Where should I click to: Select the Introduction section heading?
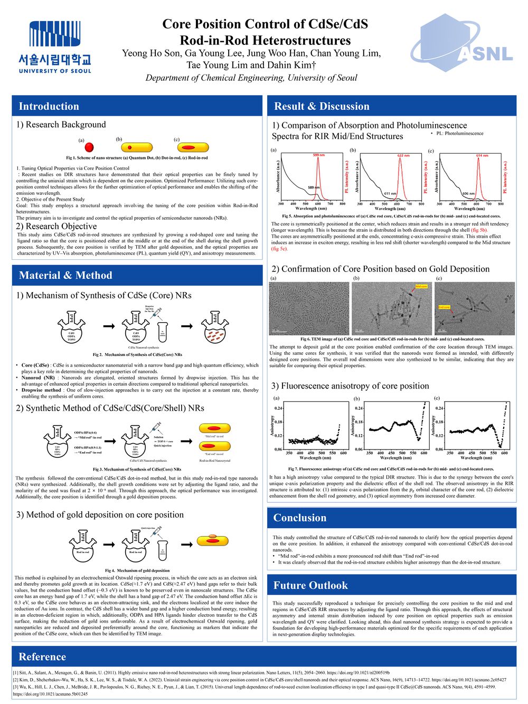click(x=49, y=106)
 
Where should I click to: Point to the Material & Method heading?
click(x=65, y=275)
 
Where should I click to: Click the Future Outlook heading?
click(x=310, y=585)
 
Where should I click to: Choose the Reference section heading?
click(x=42, y=657)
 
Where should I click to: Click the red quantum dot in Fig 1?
click(x=89, y=147)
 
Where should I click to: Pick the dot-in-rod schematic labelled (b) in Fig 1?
click(x=137, y=147)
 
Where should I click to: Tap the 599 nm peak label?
click(x=318, y=155)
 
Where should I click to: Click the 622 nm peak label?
click(x=403, y=156)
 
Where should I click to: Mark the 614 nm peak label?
click(x=482, y=156)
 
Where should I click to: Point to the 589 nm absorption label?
click(x=314, y=187)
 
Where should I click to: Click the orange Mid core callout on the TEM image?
click(x=421, y=286)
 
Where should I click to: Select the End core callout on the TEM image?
click(x=444, y=307)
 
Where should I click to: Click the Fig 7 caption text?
click(x=391, y=468)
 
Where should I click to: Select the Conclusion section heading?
click(x=300, y=518)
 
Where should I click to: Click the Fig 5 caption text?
click(x=391, y=216)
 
